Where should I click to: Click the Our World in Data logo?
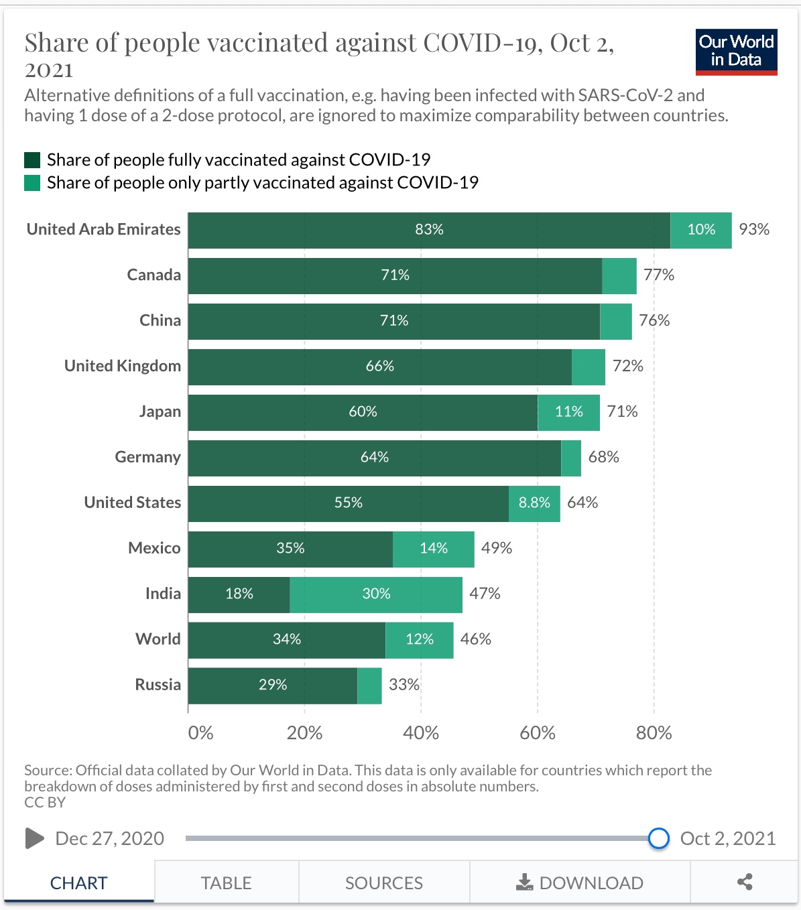[736, 52]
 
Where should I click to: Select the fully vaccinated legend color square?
[32, 160]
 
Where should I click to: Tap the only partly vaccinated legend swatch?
[32, 183]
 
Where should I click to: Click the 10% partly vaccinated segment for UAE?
[701, 230]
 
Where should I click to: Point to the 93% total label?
[754, 230]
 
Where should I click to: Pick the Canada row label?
[153, 275]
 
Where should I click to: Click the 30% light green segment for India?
[376, 594]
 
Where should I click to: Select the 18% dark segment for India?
[239, 594]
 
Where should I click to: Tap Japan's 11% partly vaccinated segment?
[568, 412]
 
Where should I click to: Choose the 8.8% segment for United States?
[534, 503]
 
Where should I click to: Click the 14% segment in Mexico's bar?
[433, 549]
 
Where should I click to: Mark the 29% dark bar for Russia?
[273, 686]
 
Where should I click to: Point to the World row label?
[158, 639]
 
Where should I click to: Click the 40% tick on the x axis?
[421, 733]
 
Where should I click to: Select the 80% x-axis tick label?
[654, 733]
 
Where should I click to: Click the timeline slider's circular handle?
[659, 838]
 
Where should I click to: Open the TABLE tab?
[226, 883]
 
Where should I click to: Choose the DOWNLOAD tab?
[580, 883]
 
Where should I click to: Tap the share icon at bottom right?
[744, 882]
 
